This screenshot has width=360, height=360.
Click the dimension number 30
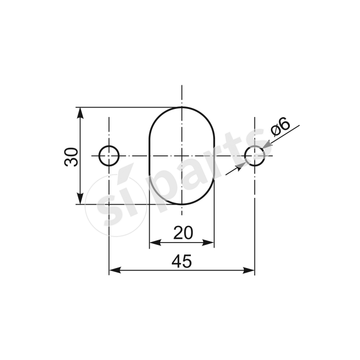tap(72, 156)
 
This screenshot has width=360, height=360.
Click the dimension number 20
tap(183, 233)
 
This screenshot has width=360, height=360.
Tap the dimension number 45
tap(182, 261)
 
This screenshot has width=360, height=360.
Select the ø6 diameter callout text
tap(280, 127)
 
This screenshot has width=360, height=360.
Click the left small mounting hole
tap(109, 156)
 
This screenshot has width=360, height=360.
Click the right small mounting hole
tap(255, 156)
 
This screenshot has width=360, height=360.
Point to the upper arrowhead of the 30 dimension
tap(80, 112)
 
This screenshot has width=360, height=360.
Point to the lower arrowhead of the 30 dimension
tap(80, 199)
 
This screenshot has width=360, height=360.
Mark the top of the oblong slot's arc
tap(181, 107)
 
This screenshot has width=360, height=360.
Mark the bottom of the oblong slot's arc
tap(181, 204)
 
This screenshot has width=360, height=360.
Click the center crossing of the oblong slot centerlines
tap(181, 156)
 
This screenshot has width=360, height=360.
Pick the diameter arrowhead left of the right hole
tap(241, 165)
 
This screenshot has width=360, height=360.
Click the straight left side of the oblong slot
tap(149, 156)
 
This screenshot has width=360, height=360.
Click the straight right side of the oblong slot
tap(214, 156)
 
